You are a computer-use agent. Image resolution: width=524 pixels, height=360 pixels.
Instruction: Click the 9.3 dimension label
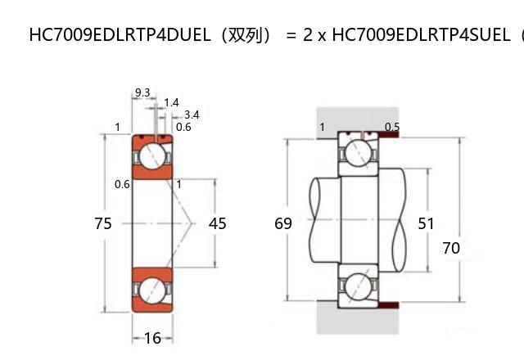pyautogui.click(x=142, y=92)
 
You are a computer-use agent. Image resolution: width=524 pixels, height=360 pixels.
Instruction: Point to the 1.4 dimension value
pyautogui.click(x=171, y=103)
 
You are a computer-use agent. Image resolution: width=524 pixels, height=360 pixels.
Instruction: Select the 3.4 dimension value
pyautogui.click(x=192, y=115)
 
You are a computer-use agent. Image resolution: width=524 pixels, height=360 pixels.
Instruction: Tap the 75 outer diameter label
pyautogui.click(x=103, y=223)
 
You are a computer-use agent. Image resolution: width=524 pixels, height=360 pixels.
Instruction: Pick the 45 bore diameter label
pyautogui.click(x=217, y=223)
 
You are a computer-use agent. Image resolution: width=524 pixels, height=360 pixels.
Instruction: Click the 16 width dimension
pyautogui.click(x=153, y=338)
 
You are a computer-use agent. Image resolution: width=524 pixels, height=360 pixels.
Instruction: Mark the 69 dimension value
pyautogui.click(x=283, y=223)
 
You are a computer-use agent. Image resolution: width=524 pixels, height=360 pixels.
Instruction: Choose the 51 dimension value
pyautogui.click(x=426, y=223)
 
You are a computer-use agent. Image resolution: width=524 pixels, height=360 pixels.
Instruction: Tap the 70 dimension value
pyautogui.click(x=451, y=248)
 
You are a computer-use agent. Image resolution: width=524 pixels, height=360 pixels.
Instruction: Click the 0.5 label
pyautogui.click(x=392, y=127)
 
